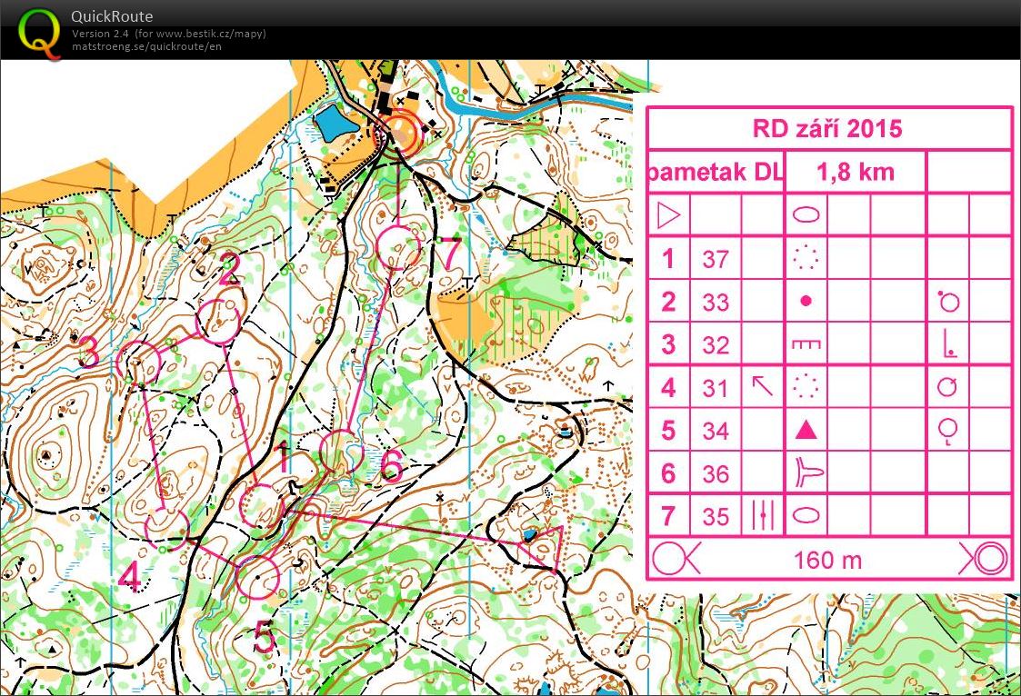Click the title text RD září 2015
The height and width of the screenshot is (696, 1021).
pos(827,128)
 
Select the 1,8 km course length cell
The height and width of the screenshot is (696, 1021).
pos(855,172)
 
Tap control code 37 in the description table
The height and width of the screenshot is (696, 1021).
pos(716,260)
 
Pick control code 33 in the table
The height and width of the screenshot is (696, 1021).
pos(716,303)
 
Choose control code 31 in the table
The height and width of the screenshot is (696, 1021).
pos(716,389)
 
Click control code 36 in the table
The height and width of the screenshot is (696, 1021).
pos(716,474)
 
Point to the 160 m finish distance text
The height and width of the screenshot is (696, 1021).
pos(826,560)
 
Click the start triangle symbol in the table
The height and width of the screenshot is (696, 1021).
pos(668,216)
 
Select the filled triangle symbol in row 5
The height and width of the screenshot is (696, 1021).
pos(806,431)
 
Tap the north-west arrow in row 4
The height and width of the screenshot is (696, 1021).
pos(762,387)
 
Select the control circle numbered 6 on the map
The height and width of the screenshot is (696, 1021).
pos(342,452)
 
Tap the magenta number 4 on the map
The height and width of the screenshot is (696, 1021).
pos(130,577)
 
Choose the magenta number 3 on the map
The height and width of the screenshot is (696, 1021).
pos(88,352)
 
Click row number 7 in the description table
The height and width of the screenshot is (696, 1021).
pos(668,517)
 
